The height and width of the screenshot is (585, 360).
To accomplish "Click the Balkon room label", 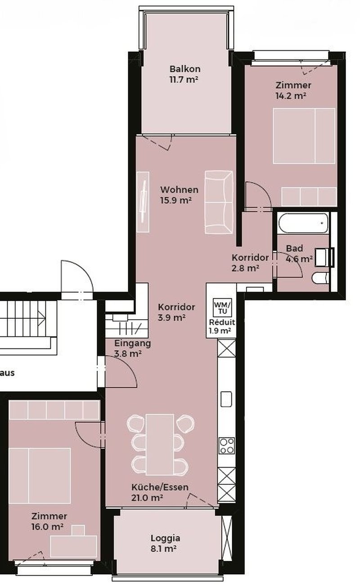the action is pyautogui.click(x=185, y=69).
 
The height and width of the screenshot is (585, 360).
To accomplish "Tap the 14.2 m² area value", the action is pyautogui.click(x=291, y=96).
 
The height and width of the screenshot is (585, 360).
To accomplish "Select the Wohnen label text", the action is pyautogui.click(x=180, y=190).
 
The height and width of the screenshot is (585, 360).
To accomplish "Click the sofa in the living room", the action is pyautogui.click(x=219, y=202).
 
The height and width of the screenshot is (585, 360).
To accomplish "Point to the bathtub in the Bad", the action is pyautogui.click(x=303, y=223).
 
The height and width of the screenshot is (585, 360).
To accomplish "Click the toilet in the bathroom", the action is pyautogui.click(x=320, y=278).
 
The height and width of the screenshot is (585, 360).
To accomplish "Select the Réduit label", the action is pyautogui.click(x=222, y=322).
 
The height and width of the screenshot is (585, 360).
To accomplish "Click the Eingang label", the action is pyautogui.click(x=133, y=343).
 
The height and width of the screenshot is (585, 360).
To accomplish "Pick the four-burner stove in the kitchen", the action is pyautogui.click(x=226, y=446).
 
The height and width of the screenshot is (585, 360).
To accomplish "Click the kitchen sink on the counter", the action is pyautogui.click(x=226, y=399).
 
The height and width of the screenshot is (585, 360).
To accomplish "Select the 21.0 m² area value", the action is pyautogui.click(x=147, y=498).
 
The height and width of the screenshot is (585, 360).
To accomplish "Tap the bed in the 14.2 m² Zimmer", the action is pyautogui.click(x=304, y=136).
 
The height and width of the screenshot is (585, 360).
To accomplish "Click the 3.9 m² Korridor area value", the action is pyautogui.click(x=172, y=318).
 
